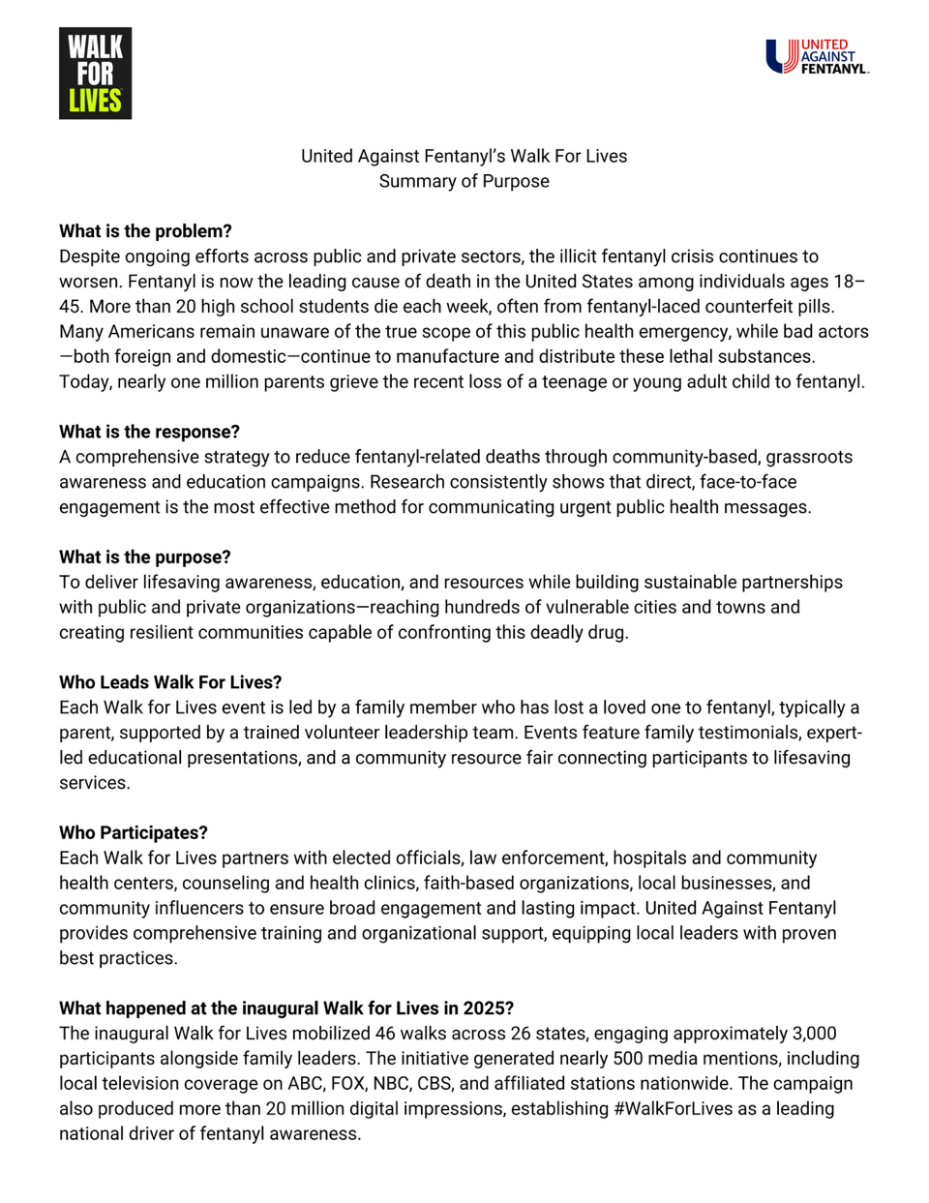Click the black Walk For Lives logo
pyautogui.click(x=95, y=74)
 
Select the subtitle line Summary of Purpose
pyautogui.click(x=464, y=181)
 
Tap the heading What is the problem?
pyautogui.click(x=145, y=231)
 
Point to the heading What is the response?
pyautogui.click(x=149, y=432)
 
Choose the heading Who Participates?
pyautogui.click(x=134, y=833)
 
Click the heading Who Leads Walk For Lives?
pyautogui.click(x=170, y=682)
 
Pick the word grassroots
pyautogui.click(x=807, y=457)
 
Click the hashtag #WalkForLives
pyautogui.click(x=674, y=1109)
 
